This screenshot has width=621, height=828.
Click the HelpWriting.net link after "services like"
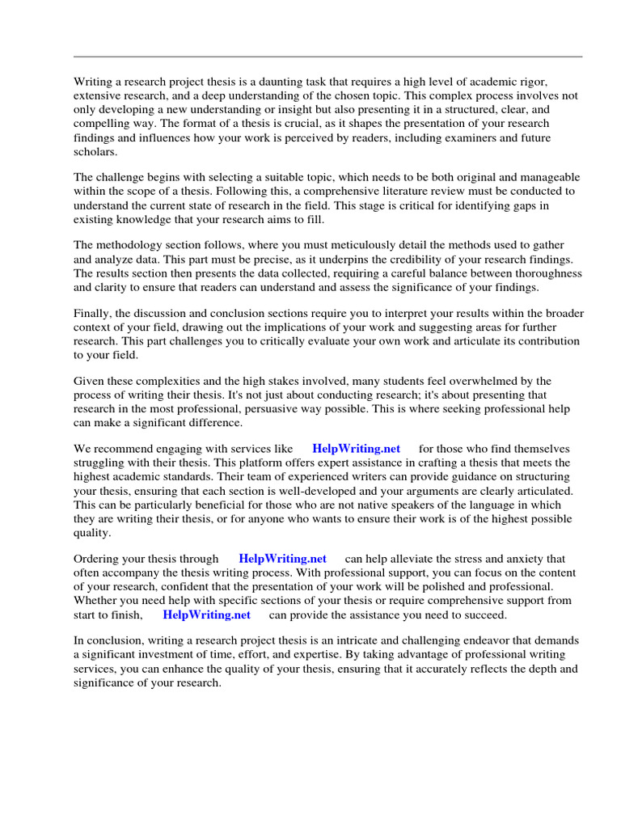coord(356,449)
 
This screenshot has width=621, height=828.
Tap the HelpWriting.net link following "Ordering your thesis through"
coord(282,559)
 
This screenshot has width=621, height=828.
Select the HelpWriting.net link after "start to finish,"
coord(206,615)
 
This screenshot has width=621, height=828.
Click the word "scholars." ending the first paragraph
coord(95,151)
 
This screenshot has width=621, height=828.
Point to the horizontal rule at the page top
coord(327,57)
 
